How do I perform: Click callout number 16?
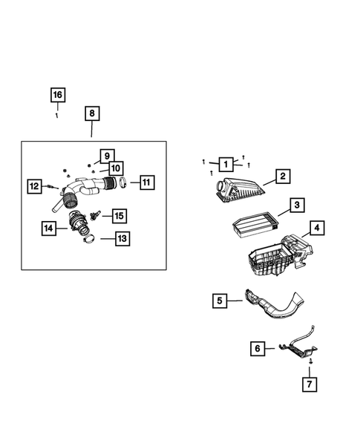pos(57,94)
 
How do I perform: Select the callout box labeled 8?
pos(91,114)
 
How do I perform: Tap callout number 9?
pos(107,155)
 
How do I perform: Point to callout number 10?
pos(117,168)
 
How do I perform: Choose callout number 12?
pos(34,186)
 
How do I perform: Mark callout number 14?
pos(48,229)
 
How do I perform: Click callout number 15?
pos(119,216)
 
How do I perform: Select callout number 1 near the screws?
pos(224,163)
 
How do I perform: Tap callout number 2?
pos(282,177)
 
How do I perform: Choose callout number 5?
pos(219,300)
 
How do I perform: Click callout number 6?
pos(257,347)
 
